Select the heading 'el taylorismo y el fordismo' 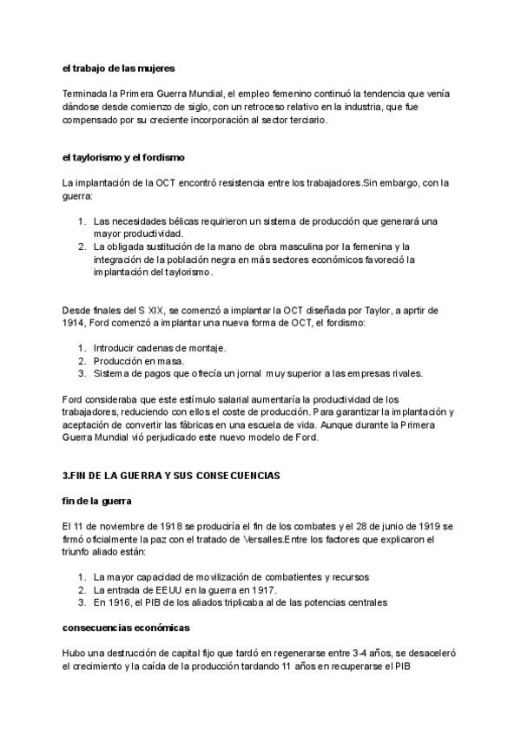click(123, 157)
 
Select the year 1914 click(75, 322)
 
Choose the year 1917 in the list click(261, 589)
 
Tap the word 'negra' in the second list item click(221, 259)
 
